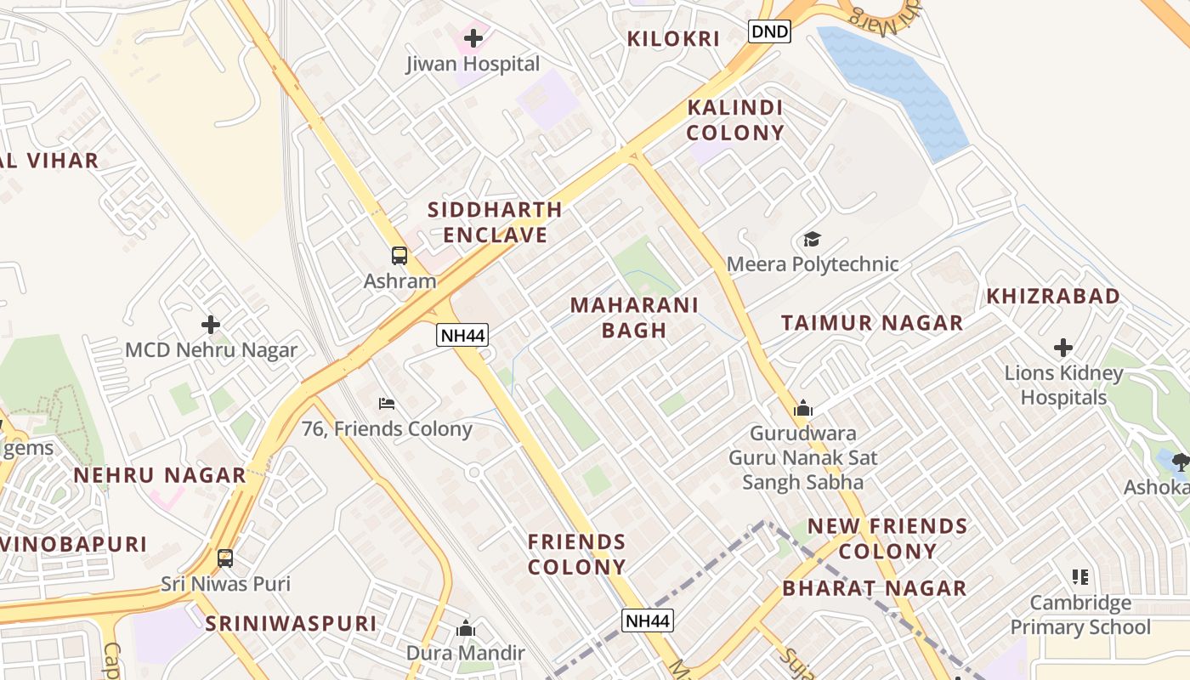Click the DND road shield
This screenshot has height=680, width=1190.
(770, 32)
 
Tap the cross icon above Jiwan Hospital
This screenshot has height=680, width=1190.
(473, 38)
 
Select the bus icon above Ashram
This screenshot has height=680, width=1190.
(399, 255)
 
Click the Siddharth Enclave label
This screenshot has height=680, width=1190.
(495, 222)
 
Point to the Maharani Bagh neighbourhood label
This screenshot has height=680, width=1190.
(634, 317)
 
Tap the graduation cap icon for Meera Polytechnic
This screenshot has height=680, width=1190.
(812, 240)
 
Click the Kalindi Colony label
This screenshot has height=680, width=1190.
(735, 120)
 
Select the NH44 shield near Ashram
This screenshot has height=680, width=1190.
(462, 335)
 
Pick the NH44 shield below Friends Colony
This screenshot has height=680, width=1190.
(648, 621)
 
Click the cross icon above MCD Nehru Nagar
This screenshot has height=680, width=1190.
(211, 325)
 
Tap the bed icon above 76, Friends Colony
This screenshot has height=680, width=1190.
(387, 403)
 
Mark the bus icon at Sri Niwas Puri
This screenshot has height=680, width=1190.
(225, 558)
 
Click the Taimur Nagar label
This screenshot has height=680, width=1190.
(872, 323)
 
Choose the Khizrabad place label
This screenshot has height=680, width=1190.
(1052, 297)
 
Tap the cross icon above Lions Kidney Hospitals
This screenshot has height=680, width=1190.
(1062, 348)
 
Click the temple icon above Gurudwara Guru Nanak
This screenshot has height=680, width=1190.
(802, 409)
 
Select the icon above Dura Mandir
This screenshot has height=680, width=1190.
(465, 629)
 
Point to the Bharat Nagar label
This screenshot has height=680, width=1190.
(874, 588)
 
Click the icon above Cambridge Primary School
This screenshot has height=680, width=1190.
(1080, 578)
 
